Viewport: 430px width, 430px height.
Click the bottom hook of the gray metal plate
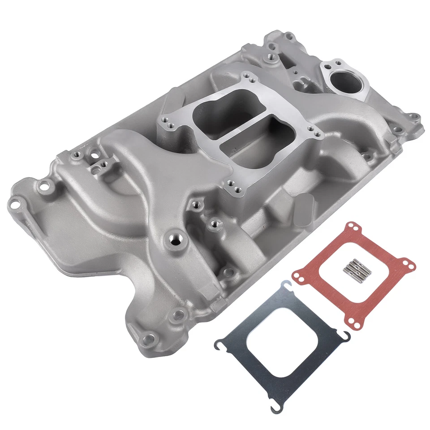(277, 407)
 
